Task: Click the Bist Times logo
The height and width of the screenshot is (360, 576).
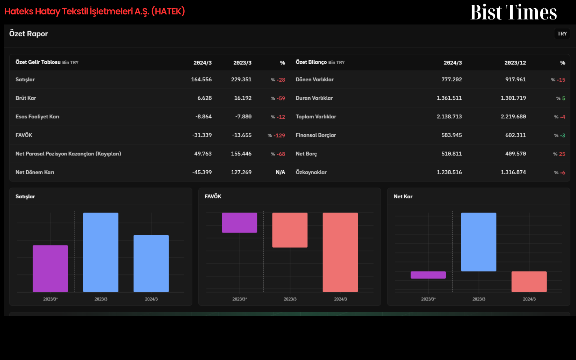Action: click(513, 12)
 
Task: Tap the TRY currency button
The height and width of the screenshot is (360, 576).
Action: click(562, 34)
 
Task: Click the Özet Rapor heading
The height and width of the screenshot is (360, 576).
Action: click(28, 34)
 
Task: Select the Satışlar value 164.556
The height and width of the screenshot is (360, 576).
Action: click(201, 80)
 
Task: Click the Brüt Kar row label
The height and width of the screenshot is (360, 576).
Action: click(26, 98)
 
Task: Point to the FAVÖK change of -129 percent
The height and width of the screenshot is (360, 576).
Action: click(276, 135)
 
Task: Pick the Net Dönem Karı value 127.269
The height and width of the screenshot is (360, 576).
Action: click(241, 172)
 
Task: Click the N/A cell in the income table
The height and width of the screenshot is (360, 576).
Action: click(280, 172)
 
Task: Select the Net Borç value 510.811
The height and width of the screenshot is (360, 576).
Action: click(451, 154)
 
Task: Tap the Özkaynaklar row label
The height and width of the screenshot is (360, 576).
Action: click(311, 172)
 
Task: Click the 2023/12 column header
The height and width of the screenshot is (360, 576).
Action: click(515, 63)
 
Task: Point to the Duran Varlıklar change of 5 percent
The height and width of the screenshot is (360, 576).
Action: click(561, 98)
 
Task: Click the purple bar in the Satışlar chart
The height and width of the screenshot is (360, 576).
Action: click(50, 269)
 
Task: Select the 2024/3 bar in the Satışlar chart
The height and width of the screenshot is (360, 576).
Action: click(151, 264)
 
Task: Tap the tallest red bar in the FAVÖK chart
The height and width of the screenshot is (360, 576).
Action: click(340, 252)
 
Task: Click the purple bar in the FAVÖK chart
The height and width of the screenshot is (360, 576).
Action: click(239, 223)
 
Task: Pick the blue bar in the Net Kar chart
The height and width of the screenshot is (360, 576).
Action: click(478, 242)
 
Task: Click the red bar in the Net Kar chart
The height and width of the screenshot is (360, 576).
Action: click(529, 282)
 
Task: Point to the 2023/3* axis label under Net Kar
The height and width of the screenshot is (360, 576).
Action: click(428, 299)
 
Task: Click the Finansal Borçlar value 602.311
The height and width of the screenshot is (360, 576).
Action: click(516, 135)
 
